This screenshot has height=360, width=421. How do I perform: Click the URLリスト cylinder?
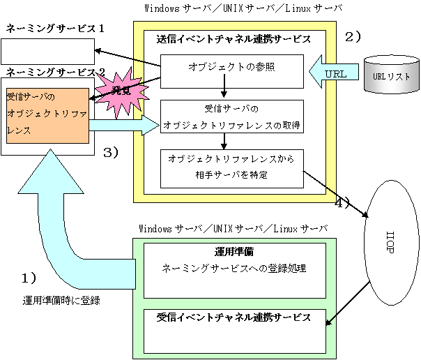tap(392, 75)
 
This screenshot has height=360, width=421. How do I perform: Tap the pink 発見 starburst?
tap(122, 92)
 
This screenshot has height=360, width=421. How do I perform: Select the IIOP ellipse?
tap(392, 243)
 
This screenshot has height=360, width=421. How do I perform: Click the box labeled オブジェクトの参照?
tap(232, 71)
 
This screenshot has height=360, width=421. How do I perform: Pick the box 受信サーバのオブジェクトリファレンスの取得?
tap(232, 117)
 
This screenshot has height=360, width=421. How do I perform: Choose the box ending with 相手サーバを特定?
tap(232, 169)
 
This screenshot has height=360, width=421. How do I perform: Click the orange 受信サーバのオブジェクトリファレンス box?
tap(47, 116)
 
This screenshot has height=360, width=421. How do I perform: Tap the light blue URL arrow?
tap(334, 72)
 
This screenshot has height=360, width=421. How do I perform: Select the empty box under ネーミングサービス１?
tap(48, 52)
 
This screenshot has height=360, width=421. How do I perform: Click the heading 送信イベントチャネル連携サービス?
tap(234, 40)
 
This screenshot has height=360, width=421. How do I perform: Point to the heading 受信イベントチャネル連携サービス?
tap(234, 317)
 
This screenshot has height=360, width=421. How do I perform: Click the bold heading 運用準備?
tap(234, 252)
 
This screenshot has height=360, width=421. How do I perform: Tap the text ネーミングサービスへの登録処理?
tap(234, 269)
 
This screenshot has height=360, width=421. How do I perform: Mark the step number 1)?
tap(29, 278)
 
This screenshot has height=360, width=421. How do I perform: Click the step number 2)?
tap(353, 37)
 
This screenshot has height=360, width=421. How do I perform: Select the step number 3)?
tap(111, 153)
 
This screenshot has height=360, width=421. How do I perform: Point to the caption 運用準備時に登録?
tap(61, 301)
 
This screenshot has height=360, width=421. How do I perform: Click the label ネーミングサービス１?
tap(55, 28)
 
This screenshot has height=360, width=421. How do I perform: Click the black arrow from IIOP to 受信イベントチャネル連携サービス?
tap(348, 303)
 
